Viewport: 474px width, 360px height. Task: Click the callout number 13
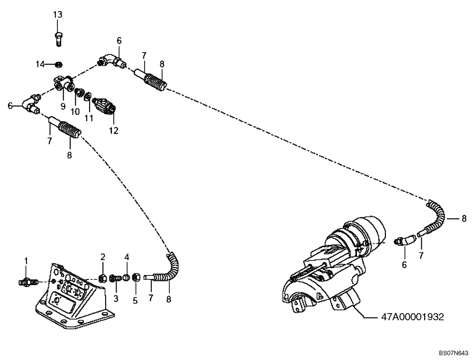pyautogui.click(x=57, y=15)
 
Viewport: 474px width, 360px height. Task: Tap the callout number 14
pyautogui.click(x=41, y=63)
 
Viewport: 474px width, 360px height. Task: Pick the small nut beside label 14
pyautogui.click(x=57, y=64)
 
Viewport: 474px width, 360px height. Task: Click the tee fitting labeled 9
pyautogui.click(x=63, y=84)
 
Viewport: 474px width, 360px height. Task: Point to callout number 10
pyautogui.click(x=75, y=111)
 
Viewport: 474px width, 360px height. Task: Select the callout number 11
pyautogui.click(x=89, y=116)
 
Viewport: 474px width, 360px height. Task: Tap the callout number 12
pyautogui.click(x=114, y=129)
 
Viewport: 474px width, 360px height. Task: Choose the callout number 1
pyautogui.click(x=27, y=261)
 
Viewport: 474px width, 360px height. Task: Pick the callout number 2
pyautogui.click(x=102, y=257)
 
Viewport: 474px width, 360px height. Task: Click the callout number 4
pyautogui.click(x=127, y=257)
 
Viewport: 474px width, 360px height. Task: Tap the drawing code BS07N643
pyautogui.click(x=454, y=353)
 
